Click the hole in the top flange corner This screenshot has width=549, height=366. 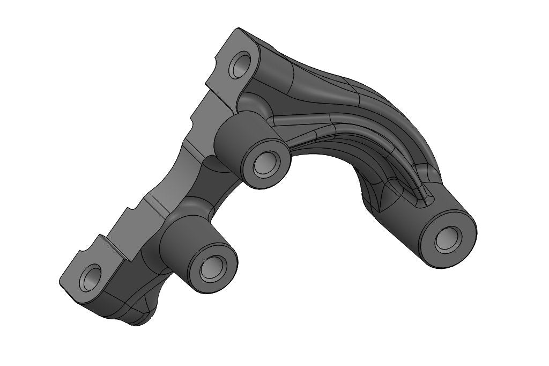[x=239, y=66]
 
